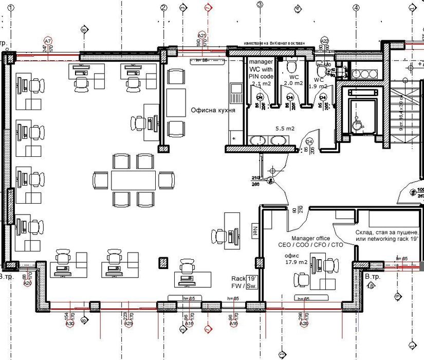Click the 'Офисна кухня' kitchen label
[x=213, y=111]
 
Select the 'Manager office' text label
[x=310, y=239]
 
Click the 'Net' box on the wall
[x=254, y=228]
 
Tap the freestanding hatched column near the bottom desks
[x=163, y=262]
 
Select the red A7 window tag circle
[x=48, y=40]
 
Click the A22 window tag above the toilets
[x=324, y=40]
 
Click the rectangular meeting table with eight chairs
[x=133, y=180]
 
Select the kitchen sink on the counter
[x=236, y=93]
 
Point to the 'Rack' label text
[x=238, y=278]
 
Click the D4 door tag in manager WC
[x=260, y=97]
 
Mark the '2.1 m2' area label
[x=261, y=83]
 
